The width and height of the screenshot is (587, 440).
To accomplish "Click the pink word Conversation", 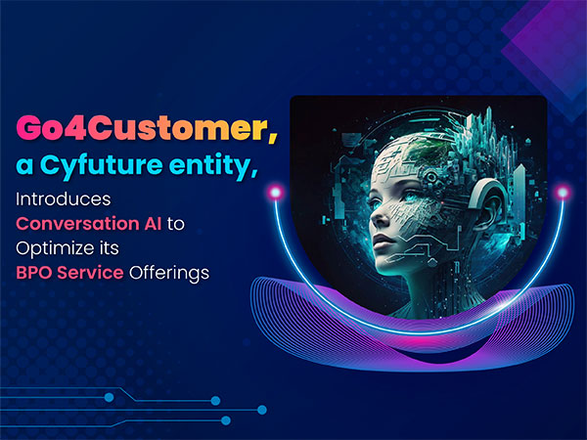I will [x=78, y=223].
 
